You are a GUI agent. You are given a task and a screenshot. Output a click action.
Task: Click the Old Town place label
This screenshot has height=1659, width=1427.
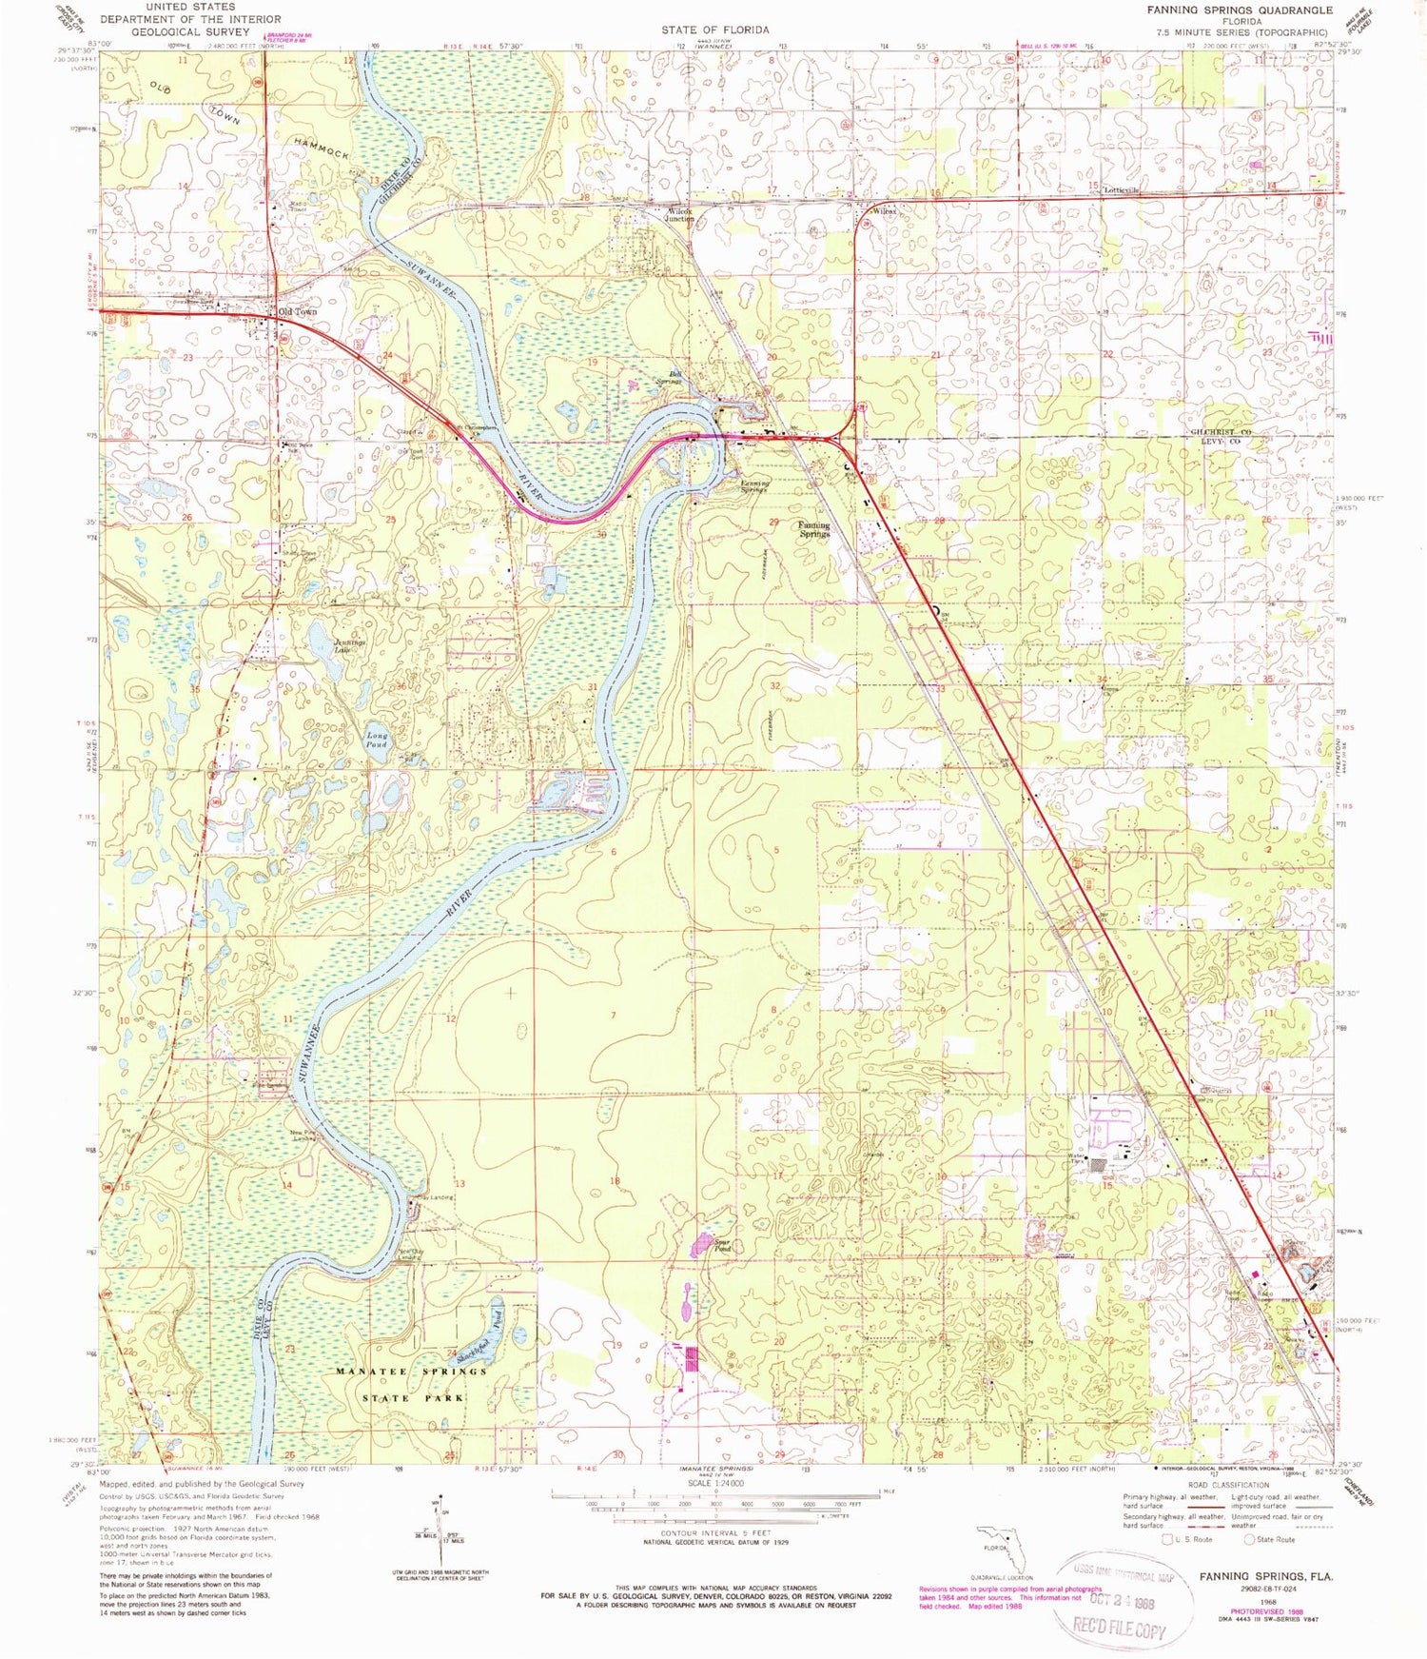296,311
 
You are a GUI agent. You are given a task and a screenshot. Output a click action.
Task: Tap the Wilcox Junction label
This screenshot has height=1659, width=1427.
679,214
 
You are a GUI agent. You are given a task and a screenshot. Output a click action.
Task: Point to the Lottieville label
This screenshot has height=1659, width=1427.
1121,189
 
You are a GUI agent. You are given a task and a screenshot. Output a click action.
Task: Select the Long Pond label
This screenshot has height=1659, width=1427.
377,740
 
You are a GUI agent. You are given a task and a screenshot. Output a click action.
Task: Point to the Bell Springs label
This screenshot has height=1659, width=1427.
670,378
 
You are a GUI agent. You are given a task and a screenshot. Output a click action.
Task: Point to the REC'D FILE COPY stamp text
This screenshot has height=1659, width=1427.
1120,1629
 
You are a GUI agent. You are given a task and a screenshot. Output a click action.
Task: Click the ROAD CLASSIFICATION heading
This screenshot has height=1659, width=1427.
1228,1485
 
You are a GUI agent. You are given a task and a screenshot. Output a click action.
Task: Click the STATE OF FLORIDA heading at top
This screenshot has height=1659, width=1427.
715,30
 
